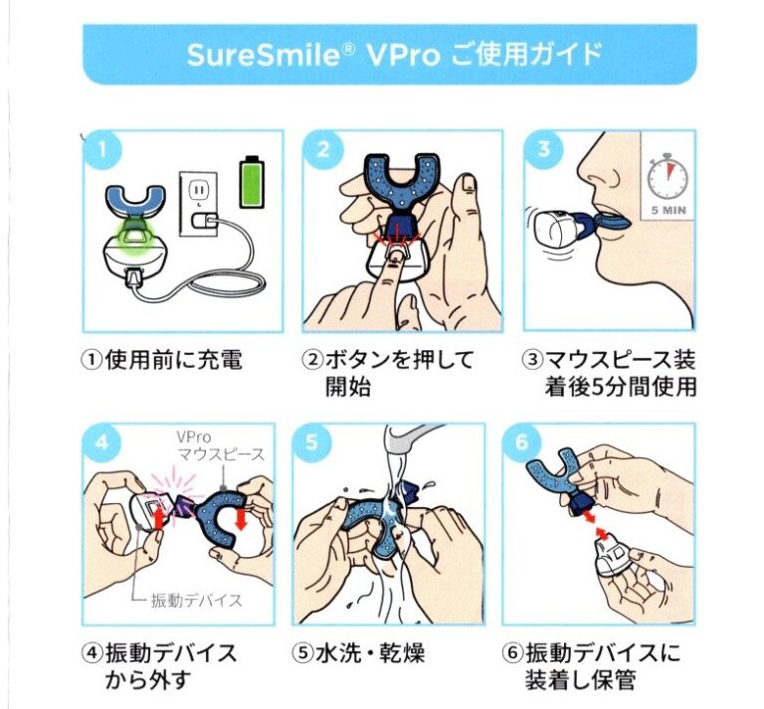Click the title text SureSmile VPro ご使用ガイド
tap(393, 53)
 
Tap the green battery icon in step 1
tap(254, 181)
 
